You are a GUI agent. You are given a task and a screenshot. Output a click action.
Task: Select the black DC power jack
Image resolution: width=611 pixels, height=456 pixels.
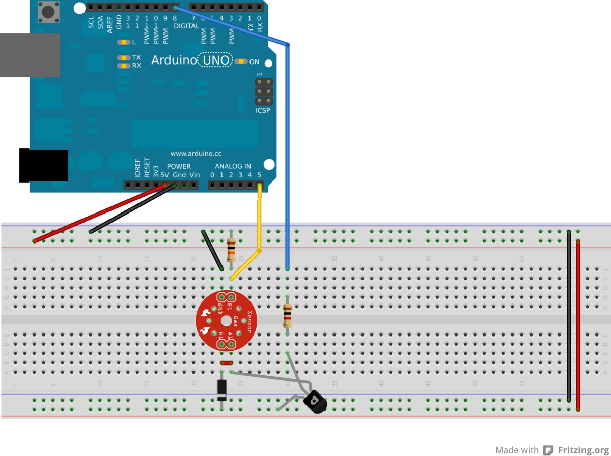(44, 165)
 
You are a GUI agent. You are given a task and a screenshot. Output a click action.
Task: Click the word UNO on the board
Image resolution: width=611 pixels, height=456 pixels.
(215, 60)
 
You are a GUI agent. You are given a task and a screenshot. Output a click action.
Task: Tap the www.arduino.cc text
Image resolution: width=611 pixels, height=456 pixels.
(196, 154)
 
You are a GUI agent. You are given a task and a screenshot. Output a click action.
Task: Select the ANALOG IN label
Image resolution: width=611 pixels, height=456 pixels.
(233, 166)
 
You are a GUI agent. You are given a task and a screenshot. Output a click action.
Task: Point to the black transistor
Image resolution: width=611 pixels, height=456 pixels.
(315, 402)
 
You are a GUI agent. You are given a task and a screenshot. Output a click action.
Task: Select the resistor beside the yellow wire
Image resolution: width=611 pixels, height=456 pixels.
(231, 250)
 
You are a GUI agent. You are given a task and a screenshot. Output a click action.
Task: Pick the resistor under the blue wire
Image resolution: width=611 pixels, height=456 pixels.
(288, 316)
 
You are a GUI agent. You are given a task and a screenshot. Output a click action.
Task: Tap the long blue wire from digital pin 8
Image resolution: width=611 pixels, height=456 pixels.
(288, 153)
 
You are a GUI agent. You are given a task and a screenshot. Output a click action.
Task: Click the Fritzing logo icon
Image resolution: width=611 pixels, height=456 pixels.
(548, 450)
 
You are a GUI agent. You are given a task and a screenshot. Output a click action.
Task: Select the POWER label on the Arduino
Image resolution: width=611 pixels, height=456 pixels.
(179, 166)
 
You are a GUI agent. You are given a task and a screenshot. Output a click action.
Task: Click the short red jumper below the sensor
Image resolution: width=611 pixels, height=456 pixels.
(227, 363)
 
